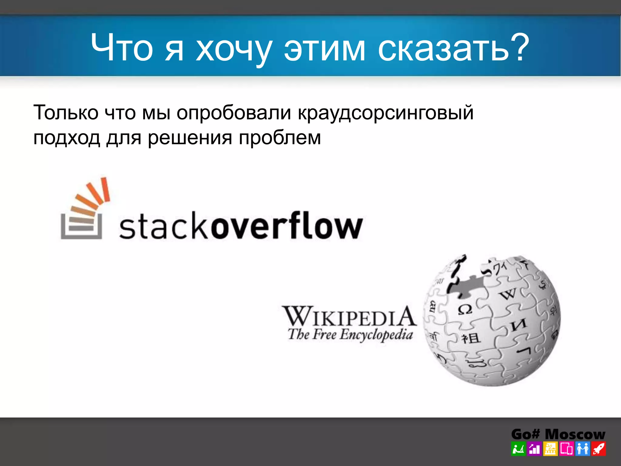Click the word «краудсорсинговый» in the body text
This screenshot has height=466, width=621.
[386, 113]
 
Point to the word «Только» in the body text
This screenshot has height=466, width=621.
[66, 113]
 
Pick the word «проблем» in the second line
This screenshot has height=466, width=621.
[280, 138]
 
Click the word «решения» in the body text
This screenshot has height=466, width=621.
[190, 138]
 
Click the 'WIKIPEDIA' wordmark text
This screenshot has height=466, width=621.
[349, 316]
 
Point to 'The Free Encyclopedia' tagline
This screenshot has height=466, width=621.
[350, 335]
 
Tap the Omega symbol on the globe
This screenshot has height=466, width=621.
[465, 310]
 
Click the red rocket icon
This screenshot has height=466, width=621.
[599, 449]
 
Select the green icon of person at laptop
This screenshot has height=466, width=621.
[518, 449]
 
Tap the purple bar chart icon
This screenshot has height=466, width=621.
[534, 449]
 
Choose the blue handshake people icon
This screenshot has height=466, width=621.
[582, 449]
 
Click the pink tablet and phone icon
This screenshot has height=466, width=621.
[566, 449]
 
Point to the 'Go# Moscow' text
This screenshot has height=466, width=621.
[558, 434]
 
